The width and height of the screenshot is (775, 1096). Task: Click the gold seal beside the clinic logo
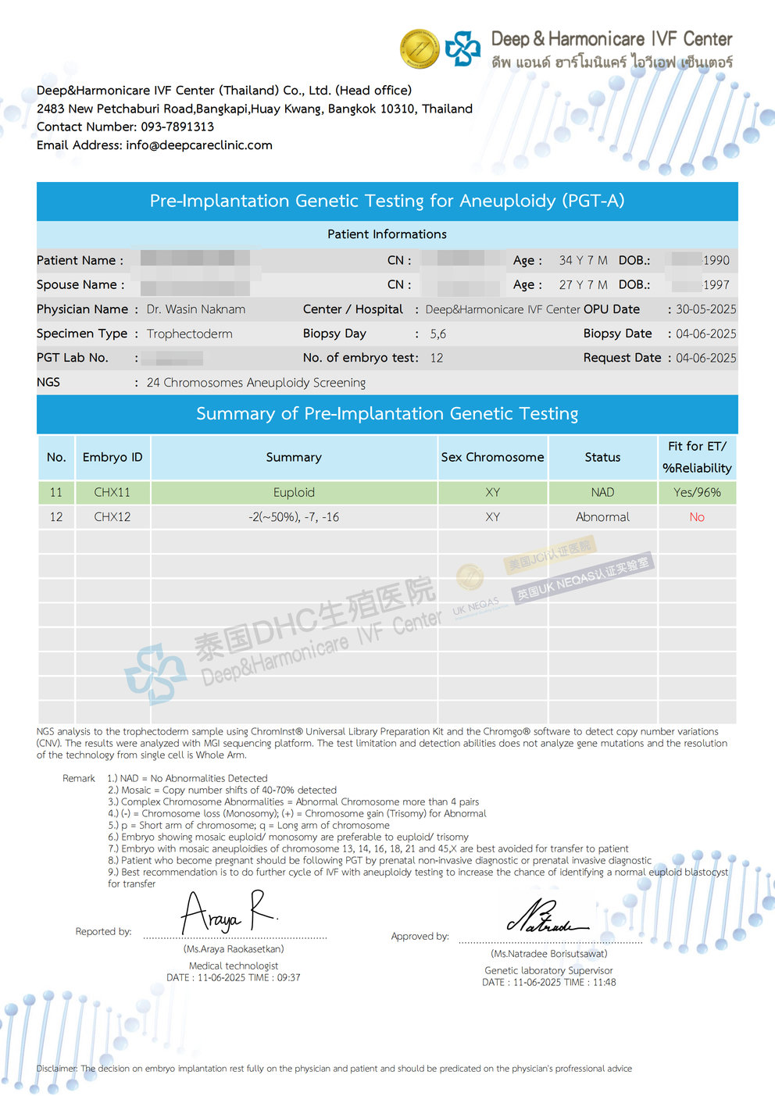tap(420, 48)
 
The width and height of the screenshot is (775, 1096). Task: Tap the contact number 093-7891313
tap(177, 127)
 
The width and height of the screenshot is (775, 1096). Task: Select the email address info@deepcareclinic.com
tap(199, 145)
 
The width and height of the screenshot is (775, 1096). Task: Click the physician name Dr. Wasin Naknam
tap(196, 309)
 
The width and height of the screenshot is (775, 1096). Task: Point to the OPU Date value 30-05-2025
tap(705, 309)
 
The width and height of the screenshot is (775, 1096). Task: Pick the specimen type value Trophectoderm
tap(190, 334)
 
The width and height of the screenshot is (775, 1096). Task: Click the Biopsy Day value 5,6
tap(437, 334)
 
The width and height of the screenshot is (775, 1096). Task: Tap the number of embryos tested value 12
tap(437, 358)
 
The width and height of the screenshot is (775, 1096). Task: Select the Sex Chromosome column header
tap(492, 457)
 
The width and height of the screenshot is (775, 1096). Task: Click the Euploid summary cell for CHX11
tap(294, 492)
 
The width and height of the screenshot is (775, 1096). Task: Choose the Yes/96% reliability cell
tap(697, 492)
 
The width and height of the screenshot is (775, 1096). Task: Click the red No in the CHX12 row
tap(697, 517)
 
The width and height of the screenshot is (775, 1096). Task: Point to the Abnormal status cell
tap(602, 517)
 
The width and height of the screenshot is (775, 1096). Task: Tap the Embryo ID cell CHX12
tap(112, 517)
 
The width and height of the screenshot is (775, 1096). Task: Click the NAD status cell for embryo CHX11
tap(602, 492)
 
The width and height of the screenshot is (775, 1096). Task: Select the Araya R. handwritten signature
tap(227, 912)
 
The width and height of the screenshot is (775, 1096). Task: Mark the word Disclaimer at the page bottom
tap(56, 1069)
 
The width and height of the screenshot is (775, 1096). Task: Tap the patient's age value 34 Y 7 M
tap(583, 260)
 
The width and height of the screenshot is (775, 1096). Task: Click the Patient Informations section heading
tap(387, 234)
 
